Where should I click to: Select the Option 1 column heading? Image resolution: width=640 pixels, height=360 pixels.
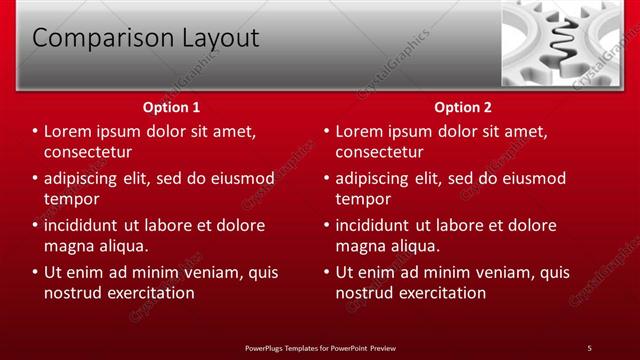pos(172,107)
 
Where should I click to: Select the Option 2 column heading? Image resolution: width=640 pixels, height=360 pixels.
pos(463,107)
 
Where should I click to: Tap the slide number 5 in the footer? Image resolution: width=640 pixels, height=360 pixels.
pos(589,348)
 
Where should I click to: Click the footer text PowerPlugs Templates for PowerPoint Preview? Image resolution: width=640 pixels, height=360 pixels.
pos(320,348)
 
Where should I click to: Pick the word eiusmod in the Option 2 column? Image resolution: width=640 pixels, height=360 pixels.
pos(530,179)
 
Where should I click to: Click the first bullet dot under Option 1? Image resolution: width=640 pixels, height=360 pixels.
pos(36,132)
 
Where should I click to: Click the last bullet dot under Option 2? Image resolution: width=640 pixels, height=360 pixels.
pos(327,272)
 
